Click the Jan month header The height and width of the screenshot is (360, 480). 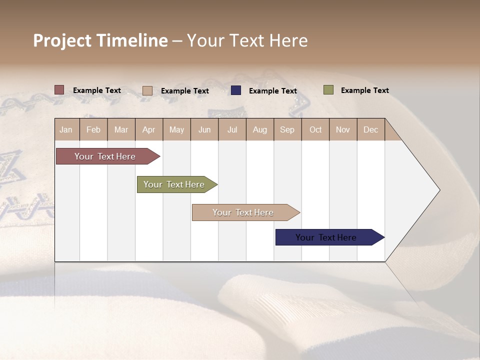[x=66, y=129]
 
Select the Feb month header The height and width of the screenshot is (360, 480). [x=93, y=129]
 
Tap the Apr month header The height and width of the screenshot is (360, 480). [x=149, y=129]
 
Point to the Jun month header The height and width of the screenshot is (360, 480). [x=204, y=129]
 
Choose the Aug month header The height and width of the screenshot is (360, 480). [x=260, y=129]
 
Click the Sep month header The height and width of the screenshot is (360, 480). [x=287, y=129]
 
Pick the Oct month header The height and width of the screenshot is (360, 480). [x=315, y=129]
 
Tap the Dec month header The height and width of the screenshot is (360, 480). [x=371, y=129]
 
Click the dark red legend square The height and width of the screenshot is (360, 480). [x=59, y=90]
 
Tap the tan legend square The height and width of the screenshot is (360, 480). [x=147, y=90]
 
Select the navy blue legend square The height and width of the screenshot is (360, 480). [x=236, y=90]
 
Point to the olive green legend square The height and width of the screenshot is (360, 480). [x=328, y=90]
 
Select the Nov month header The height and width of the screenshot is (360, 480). [x=343, y=129]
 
